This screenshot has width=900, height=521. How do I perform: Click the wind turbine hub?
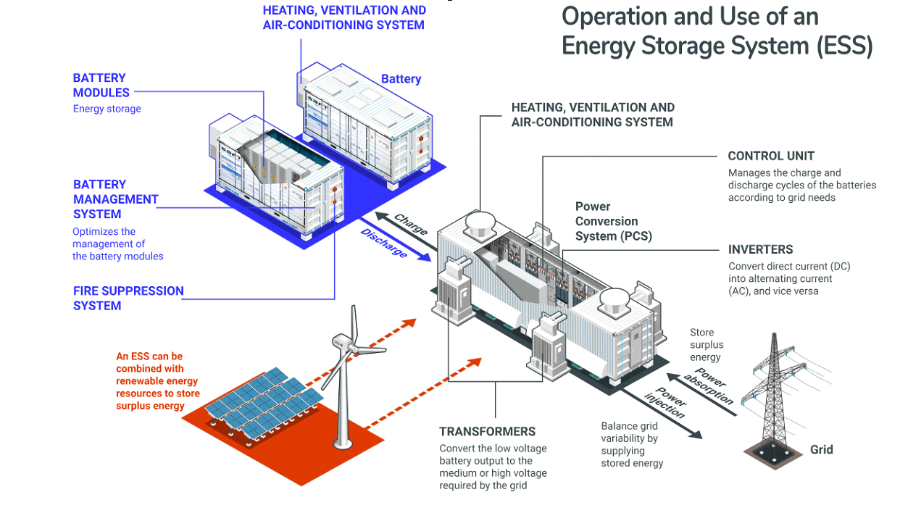coord(352,346)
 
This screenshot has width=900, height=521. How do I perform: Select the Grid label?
coord(821,449)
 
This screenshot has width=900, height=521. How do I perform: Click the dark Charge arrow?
coord(406,231)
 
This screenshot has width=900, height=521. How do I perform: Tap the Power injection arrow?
coord(662,413)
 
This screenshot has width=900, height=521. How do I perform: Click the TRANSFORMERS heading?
coord(487,431)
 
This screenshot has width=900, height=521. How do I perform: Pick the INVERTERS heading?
coord(760,249)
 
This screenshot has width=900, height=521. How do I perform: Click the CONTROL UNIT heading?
coord(771,156)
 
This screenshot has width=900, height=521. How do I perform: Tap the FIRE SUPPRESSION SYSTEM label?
coord(128,298)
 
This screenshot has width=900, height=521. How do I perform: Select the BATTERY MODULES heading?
coord(101,86)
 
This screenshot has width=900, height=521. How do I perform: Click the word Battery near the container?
coord(401,79)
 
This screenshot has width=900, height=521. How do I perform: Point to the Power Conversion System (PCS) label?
coord(614,221)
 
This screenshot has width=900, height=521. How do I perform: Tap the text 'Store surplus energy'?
coord(707,345)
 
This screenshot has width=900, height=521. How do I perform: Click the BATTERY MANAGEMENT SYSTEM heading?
coord(116,199)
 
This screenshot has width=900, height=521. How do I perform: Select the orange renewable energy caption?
coord(157,381)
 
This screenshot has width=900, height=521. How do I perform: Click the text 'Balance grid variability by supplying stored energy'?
coord(632,444)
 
